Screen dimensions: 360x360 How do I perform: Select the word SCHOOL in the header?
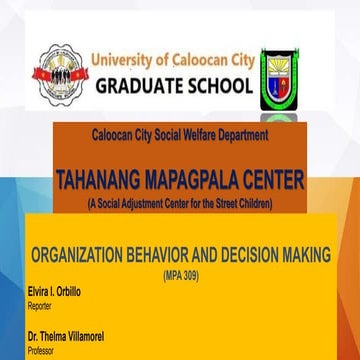click(x=220, y=87)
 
